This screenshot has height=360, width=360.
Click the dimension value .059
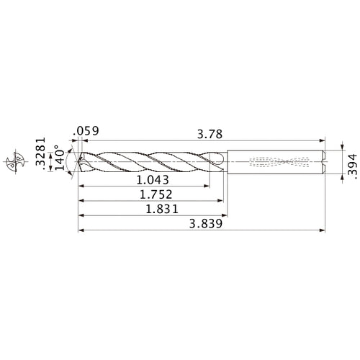(86, 131)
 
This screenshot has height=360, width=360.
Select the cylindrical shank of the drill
(274, 161)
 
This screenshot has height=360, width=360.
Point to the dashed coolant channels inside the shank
(277, 161)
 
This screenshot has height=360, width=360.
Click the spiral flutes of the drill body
(151, 161)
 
